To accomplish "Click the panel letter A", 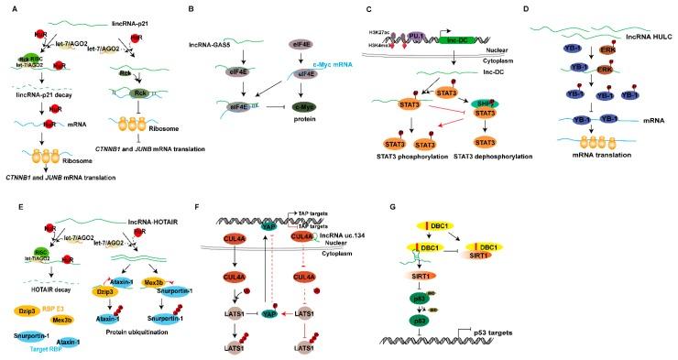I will coord(7,10).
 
